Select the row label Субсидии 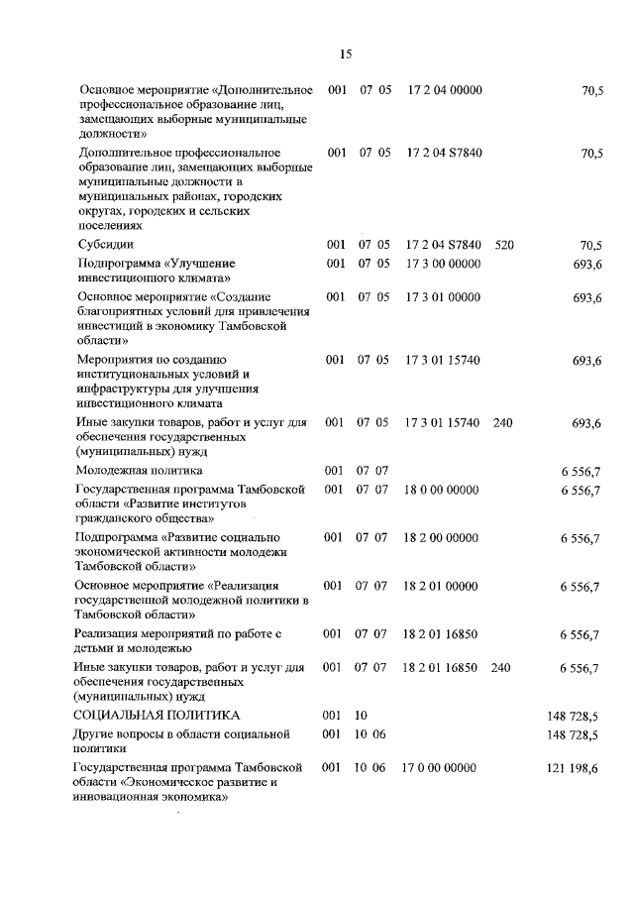pos(106,244)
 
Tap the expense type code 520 pos(504,244)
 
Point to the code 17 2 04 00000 pos(445,90)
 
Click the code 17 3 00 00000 pos(444,263)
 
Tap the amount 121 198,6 pos(573,769)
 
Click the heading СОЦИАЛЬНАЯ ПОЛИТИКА pos(157,715)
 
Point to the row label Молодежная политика pos(140,470)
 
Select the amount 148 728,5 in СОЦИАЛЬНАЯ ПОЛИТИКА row pos(573,715)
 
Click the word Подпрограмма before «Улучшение pos(117,263)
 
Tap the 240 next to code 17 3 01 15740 pos(503,423)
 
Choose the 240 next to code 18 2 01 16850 pos(501,668)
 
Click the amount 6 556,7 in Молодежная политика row pos(581,471)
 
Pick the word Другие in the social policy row pos(96,733)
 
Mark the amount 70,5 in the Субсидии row pos(592,245)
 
